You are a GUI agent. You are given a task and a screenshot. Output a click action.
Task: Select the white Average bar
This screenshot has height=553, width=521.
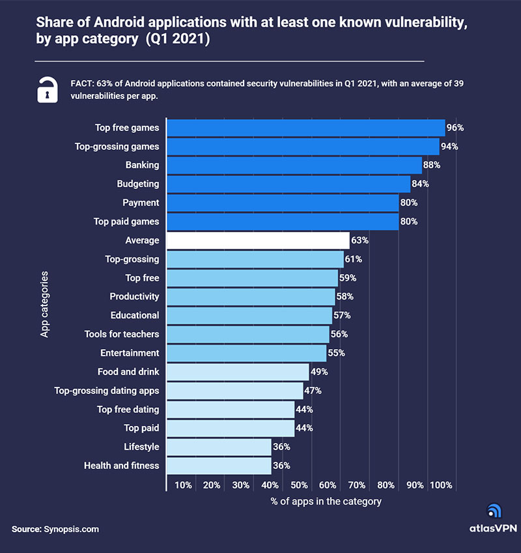point(258,240)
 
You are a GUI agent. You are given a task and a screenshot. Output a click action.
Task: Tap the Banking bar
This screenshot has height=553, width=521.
point(294,165)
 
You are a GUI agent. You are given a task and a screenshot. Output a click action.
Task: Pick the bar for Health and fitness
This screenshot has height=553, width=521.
point(219,466)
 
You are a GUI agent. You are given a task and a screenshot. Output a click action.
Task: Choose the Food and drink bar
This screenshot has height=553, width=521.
point(238,372)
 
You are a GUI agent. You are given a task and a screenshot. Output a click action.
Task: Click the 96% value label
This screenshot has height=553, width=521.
point(455,128)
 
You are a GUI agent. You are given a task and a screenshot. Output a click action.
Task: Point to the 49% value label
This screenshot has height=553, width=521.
point(319,372)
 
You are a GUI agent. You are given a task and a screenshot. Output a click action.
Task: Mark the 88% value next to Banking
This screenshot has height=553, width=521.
point(432,165)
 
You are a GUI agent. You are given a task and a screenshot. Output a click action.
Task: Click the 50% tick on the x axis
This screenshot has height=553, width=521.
point(300,485)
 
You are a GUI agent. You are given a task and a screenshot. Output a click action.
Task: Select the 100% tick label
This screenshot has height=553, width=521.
point(441,485)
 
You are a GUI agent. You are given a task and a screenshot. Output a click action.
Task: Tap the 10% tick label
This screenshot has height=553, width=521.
point(183,485)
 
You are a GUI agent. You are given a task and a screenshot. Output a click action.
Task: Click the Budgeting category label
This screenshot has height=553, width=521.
point(138,184)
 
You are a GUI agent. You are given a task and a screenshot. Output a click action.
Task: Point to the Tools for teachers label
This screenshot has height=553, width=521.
point(122,334)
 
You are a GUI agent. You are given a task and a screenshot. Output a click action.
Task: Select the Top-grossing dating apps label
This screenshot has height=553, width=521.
point(107,391)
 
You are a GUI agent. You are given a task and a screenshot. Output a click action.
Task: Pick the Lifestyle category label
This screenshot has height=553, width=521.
point(141,447)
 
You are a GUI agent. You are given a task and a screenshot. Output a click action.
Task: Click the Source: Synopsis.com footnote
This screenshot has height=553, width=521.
point(55,530)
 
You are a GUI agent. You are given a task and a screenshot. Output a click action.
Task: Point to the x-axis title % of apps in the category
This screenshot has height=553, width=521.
point(326,502)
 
